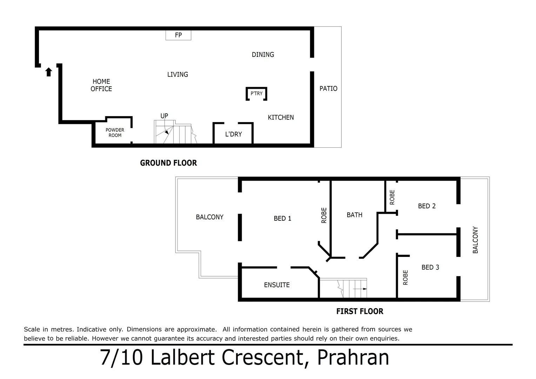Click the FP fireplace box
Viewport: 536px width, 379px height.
click(x=178, y=35)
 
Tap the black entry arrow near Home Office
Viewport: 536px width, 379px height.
click(x=49, y=72)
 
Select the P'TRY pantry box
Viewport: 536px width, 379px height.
click(x=256, y=94)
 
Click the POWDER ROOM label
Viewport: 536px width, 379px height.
click(x=115, y=133)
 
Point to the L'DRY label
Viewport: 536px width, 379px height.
click(x=233, y=134)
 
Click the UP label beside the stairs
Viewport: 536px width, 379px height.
click(x=164, y=116)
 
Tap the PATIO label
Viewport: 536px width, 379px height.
click(x=328, y=88)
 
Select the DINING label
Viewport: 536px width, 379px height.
click(x=263, y=54)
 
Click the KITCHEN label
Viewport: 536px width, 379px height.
click(x=281, y=118)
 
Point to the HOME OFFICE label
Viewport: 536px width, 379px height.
click(x=101, y=85)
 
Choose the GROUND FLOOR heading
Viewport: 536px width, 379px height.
click(x=168, y=163)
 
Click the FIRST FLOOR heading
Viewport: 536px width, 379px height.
click(x=360, y=311)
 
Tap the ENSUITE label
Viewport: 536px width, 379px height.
click(x=277, y=285)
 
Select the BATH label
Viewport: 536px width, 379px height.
click(x=354, y=215)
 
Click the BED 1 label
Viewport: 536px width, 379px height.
click(x=282, y=218)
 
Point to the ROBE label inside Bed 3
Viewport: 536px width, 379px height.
click(x=406, y=277)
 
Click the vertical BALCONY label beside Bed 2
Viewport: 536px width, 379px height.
click(x=475, y=240)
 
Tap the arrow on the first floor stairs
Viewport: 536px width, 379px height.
click(x=360, y=288)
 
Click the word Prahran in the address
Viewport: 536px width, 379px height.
click(x=353, y=358)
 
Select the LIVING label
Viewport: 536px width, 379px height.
click(x=177, y=74)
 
